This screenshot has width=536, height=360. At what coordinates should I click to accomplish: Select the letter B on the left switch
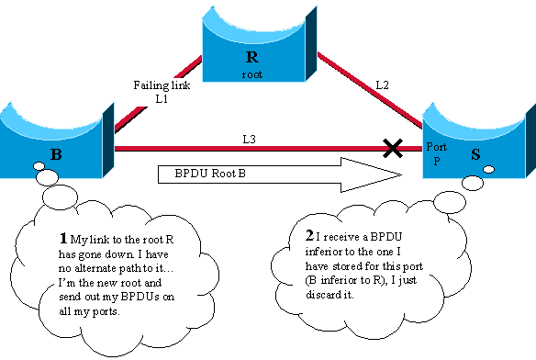click(56, 154)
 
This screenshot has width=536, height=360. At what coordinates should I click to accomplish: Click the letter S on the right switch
click(475, 154)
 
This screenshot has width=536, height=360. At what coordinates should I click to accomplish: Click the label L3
click(249, 139)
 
